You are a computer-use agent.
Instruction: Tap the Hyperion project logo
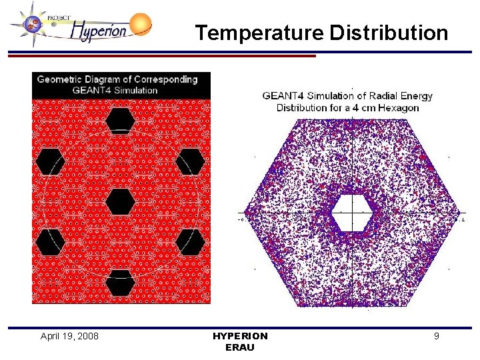[80, 27]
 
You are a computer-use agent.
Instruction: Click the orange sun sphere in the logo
[140, 25]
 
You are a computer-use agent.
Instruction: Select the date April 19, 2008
[69, 336]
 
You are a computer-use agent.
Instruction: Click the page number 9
[436, 336]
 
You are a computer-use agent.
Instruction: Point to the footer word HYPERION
[240, 336]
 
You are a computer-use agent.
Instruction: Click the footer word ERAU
[240, 347]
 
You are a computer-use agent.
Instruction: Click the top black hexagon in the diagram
[120, 121]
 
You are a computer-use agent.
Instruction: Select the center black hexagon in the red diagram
[120, 201]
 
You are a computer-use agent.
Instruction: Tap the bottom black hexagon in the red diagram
[120, 282]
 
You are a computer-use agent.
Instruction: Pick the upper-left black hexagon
[50, 161]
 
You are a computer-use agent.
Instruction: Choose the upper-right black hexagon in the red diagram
[190, 161]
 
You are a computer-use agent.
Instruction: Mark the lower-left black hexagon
[50, 241]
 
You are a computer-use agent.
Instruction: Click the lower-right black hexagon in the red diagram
[190, 241]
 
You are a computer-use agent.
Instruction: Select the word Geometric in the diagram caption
[61, 79]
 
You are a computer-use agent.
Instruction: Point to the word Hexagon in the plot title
[399, 107]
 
